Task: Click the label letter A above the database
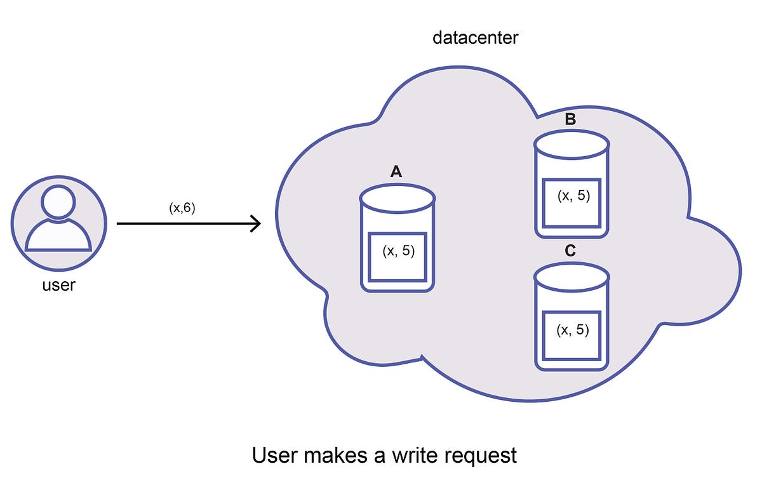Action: click(x=396, y=171)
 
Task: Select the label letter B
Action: click(x=570, y=119)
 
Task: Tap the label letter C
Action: click(x=570, y=251)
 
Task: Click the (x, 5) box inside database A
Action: click(x=398, y=256)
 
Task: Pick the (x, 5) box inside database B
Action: click(x=572, y=202)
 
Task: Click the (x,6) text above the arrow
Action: click(x=182, y=208)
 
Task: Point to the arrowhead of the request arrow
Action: click(x=257, y=223)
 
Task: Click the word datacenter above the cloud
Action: click(x=475, y=38)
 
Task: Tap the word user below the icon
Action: click(x=58, y=285)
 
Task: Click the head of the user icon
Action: click(x=58, y=202)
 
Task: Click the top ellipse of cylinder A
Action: click(x=398, y=199)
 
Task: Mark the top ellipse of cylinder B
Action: click(x=572, y=145)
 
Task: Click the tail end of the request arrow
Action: click(x=119, y=223)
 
